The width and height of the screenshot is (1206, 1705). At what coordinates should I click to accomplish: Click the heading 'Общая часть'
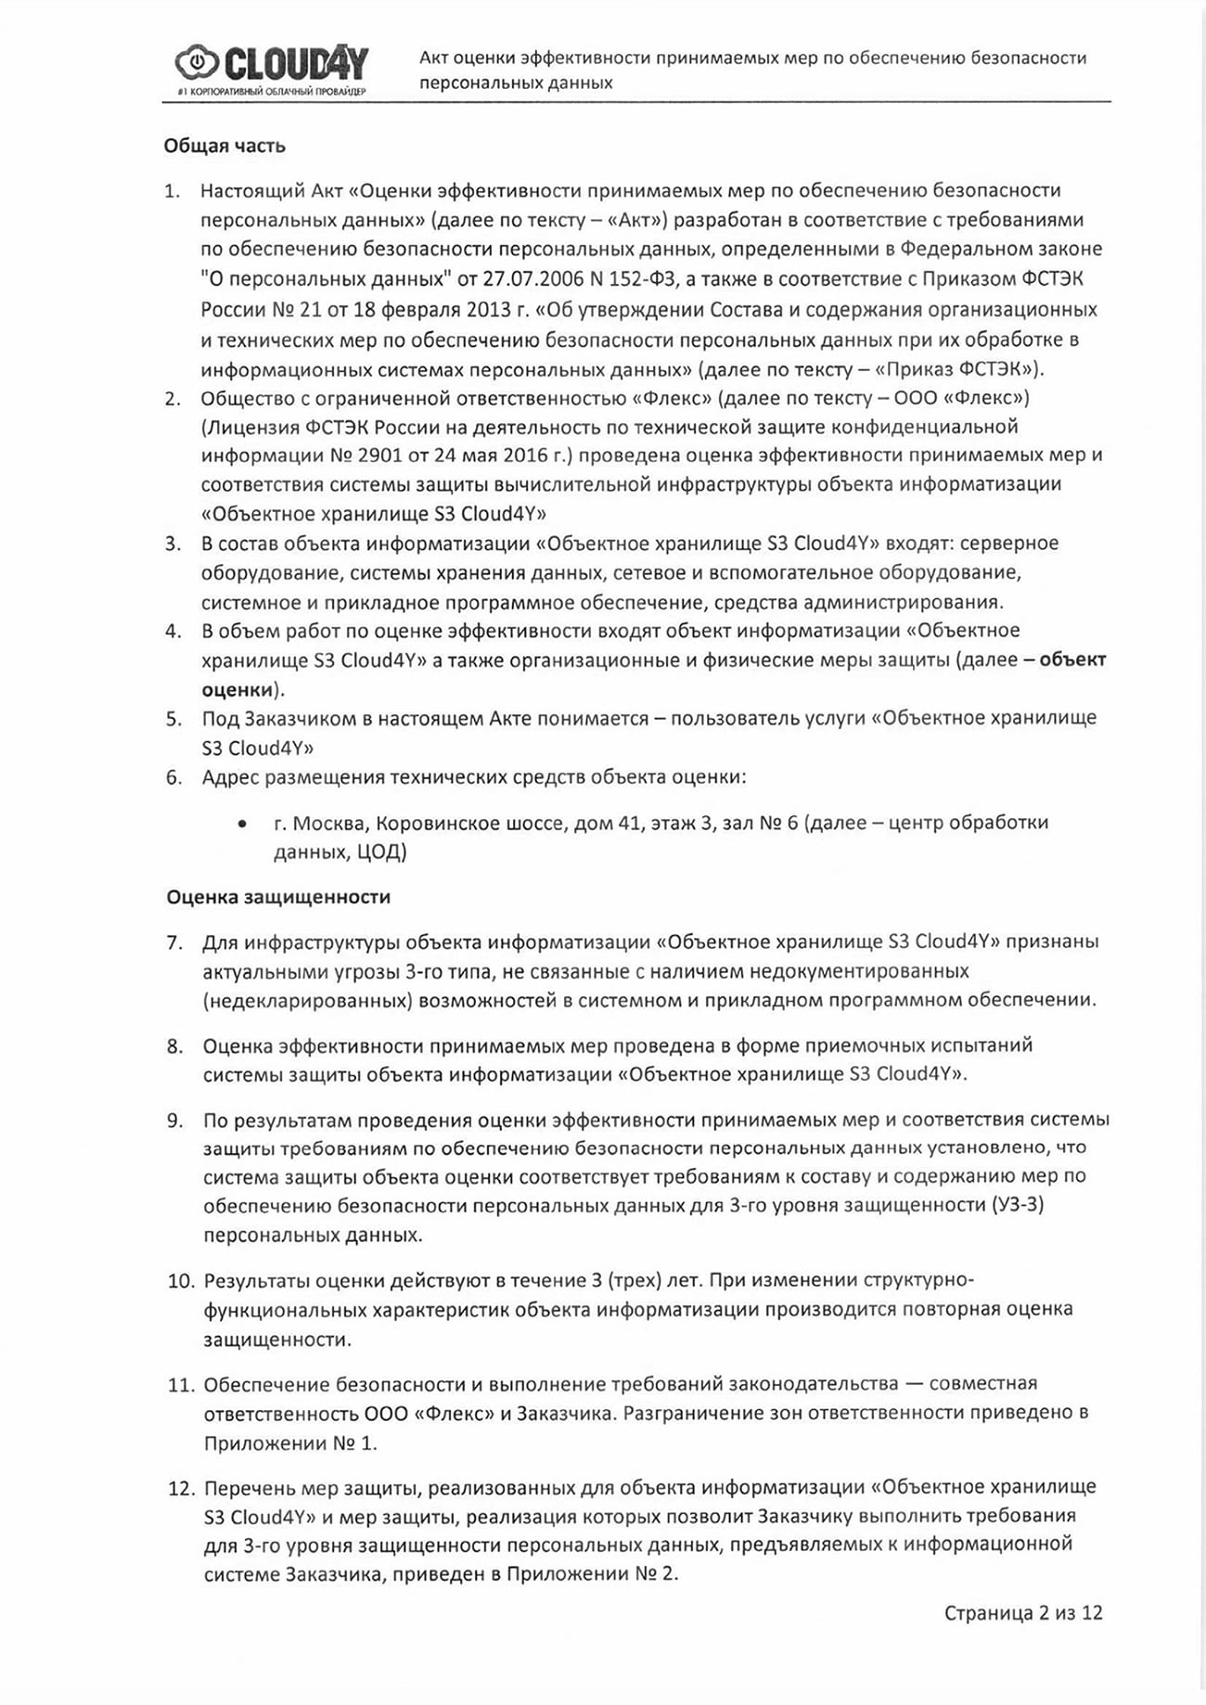(225, 146)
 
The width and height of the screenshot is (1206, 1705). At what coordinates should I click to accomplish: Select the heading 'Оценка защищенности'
(278, 897)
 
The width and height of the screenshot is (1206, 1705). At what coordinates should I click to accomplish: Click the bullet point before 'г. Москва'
(242, 824)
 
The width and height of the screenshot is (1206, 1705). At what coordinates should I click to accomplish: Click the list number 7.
(174, 942)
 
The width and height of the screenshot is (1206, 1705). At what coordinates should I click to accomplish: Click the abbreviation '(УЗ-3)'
(1024, 1205)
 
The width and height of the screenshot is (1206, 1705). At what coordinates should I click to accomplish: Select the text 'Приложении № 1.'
(290, 1443)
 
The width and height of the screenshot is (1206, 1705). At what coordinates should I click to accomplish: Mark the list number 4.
(173, 632)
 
